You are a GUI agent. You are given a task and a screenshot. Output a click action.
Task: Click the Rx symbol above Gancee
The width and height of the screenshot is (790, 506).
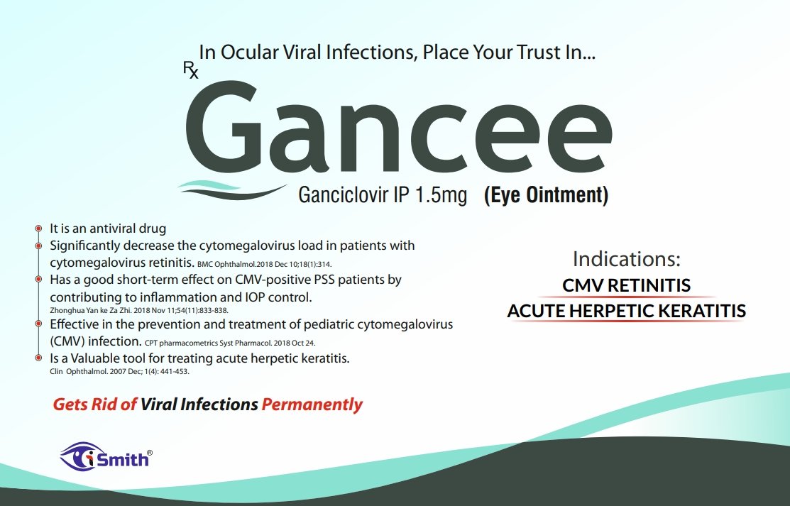(190, 69)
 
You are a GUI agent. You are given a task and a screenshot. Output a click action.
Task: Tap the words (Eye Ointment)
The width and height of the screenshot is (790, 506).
(546, 195)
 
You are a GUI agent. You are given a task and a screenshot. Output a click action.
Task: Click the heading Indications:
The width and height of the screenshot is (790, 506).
(626, 258)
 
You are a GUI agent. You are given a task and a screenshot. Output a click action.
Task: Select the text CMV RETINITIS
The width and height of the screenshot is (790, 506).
(626, 285)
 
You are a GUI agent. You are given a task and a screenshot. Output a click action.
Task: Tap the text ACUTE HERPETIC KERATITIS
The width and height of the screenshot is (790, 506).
(626, 311)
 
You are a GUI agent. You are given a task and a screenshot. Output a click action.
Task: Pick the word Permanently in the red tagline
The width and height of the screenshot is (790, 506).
(312, 405)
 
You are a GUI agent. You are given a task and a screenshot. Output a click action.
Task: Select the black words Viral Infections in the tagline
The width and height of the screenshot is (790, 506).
(199, 405)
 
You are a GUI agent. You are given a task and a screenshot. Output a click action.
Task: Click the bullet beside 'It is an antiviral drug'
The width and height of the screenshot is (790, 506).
(38, 229)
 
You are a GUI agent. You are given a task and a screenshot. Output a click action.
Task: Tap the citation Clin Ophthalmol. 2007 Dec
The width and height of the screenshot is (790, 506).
(119, 371)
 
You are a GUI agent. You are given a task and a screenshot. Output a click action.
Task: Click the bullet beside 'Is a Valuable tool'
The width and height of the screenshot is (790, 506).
(38, 358)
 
